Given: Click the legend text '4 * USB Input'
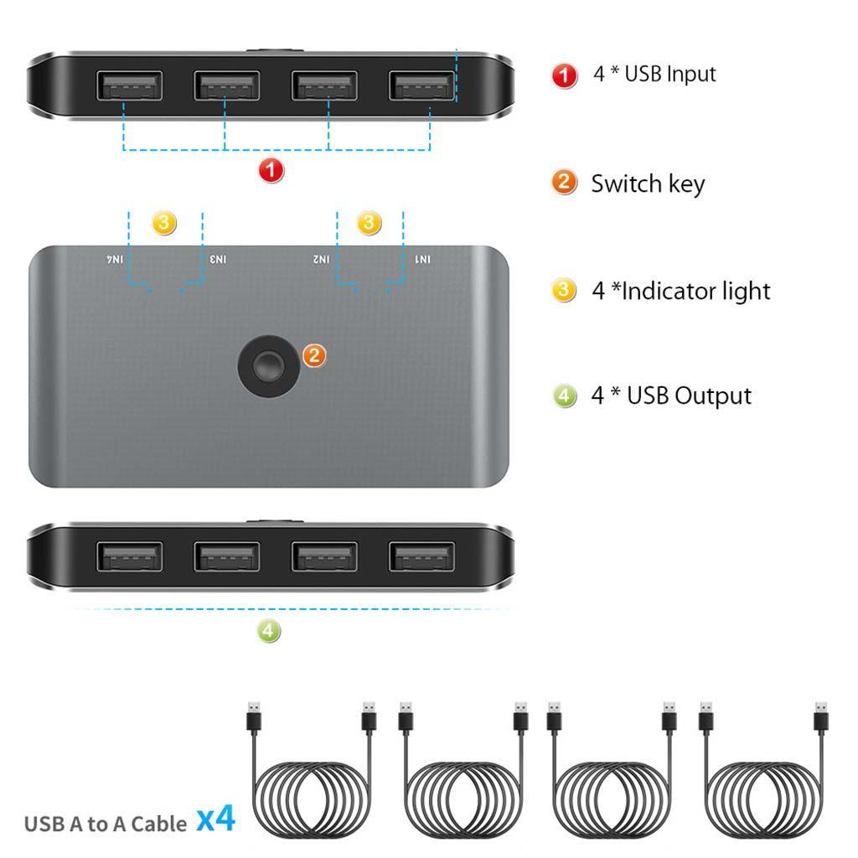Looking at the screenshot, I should click(654, 74).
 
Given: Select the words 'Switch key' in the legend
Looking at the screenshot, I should click(648, 183).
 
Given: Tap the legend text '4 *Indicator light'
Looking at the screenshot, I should click(680, 291).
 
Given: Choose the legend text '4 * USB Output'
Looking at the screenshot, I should click(671, 395).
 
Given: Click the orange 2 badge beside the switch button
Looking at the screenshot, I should click(313, 355).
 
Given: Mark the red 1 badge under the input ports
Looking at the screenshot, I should click(271, 171).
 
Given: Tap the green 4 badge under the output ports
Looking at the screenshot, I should click(268, 631).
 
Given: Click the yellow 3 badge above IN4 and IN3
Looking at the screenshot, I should click(164, 223).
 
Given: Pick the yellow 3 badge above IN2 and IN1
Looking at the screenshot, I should click(370, 223).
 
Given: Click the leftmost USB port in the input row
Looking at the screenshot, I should click(130, 85).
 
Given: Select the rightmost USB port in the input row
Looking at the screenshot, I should click(421, 85).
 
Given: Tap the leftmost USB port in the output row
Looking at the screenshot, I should click(130, 556).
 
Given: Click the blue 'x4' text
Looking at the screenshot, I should click(216, 819).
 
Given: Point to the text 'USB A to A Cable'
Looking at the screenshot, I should click(106, 824).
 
